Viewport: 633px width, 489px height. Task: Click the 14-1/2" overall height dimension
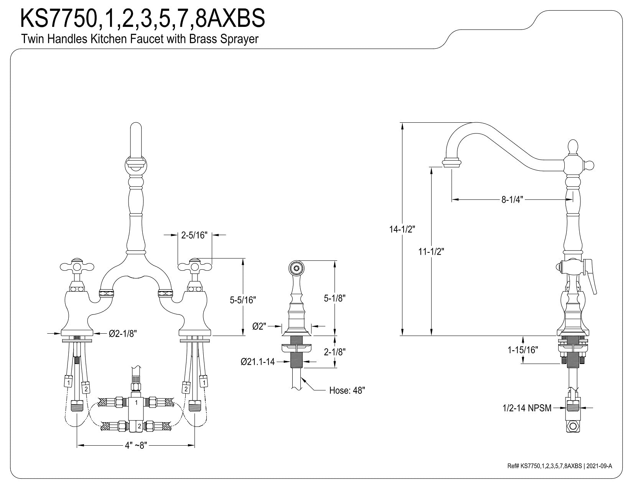point(402,229)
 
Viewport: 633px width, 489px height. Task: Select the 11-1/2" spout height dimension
point(431,251)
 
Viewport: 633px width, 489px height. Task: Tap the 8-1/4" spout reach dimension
point(512,199)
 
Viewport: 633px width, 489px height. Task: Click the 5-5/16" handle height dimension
point(243,300)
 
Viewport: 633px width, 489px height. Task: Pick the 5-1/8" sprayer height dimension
point(335,298)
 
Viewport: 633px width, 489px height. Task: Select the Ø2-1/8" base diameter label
point(123,333)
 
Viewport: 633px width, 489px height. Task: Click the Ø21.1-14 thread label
point(258,362)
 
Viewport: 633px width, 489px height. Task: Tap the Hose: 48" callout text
point(347,390)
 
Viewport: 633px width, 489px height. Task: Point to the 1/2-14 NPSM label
point(527,408)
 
